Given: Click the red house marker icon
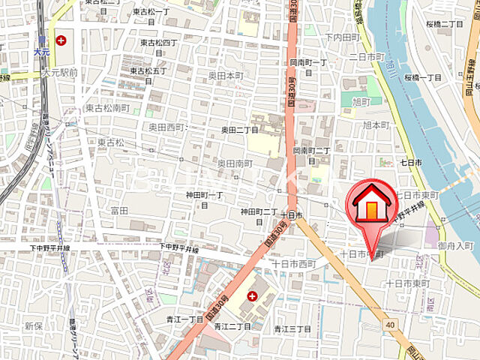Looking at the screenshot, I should [371, 203].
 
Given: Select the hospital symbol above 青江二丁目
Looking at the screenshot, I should [252, 296].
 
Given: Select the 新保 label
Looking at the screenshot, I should [32, 325].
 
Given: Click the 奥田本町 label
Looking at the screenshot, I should [226, 76].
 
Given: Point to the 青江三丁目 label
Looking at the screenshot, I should [292, 328].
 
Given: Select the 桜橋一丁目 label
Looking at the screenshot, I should [423, 78].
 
